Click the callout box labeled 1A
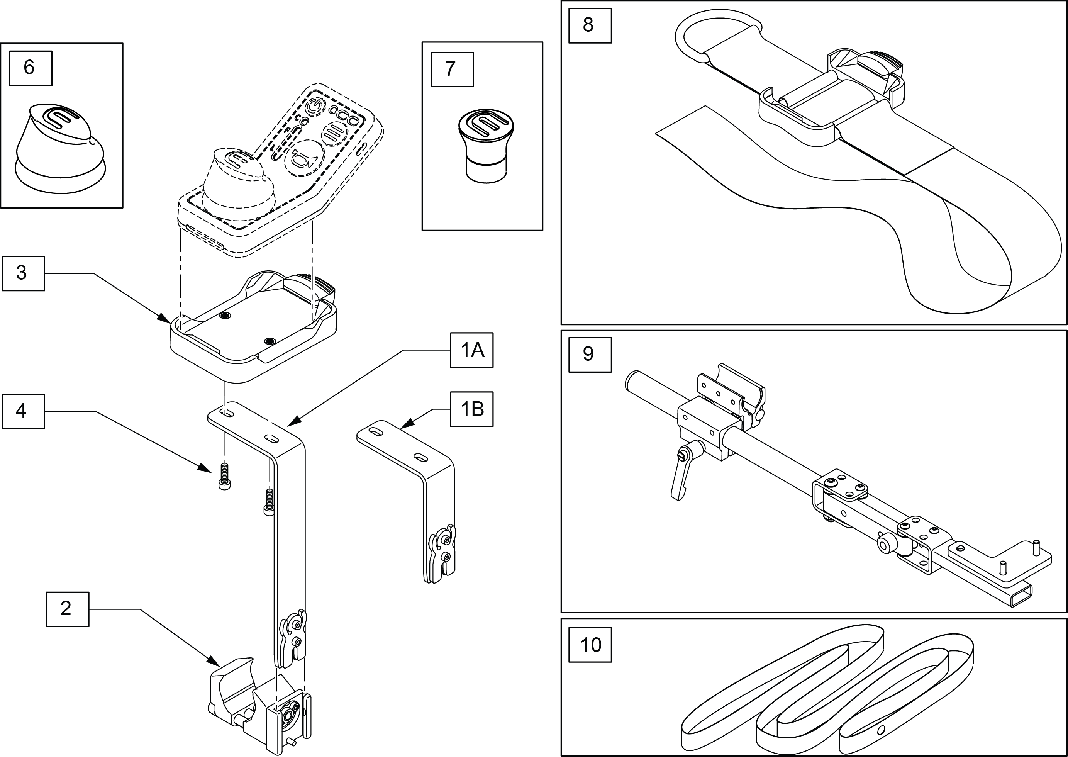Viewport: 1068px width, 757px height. pyautogui.click(x=471, y=350)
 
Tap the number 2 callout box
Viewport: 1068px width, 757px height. pyautogui.click(x=67, y=609)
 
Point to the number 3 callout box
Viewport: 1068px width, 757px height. pyautogui.click(x=23, y=273)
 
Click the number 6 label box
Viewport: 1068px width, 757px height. pyautogui.click(x=30, y=68)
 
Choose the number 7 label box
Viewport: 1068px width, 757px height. pyautogui.click(x=451, y=70)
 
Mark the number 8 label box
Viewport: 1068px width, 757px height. pyautogui.click(x=590, y=25)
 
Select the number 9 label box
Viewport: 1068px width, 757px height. pyautogui.click(x=590, y=354)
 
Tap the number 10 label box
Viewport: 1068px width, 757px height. pyautogui.click(x=590, y=645)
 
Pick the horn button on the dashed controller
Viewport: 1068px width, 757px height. pyautogui.click(x=305, y=158)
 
